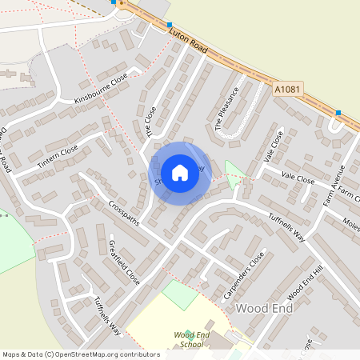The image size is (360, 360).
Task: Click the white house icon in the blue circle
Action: click(180, 172)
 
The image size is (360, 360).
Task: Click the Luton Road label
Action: click(189, 38)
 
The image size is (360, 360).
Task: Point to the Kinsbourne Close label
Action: click(101, 89)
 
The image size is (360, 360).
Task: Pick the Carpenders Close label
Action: click(243, 276)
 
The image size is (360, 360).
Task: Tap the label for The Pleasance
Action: click(227, 109)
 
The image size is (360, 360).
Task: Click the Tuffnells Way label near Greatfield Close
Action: click(106, 315)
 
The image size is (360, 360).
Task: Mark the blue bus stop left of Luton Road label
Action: click(170, 26)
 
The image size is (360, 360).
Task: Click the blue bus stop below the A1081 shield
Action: click(338, 113)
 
